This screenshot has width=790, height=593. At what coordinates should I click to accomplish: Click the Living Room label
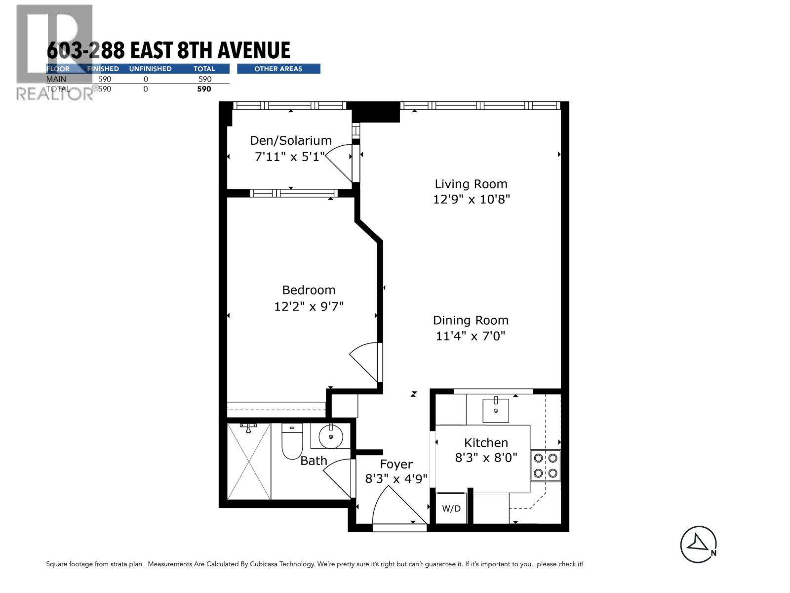[471, 184]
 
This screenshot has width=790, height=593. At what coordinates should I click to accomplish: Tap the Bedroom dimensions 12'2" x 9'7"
[309, 306]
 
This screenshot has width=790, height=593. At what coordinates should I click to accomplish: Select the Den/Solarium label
[290, 140]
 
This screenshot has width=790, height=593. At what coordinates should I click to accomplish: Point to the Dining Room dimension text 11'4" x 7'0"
[471, 336]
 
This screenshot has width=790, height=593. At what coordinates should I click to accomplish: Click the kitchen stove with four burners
[545, 466]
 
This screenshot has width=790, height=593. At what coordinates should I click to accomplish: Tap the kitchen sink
[495, 410]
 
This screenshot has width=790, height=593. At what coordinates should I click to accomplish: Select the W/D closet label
[451, 508]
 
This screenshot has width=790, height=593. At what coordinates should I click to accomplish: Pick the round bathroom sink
[330, 436]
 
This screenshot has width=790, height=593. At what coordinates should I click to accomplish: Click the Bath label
[314, 461]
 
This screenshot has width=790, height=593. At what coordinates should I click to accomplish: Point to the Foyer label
[396, 464]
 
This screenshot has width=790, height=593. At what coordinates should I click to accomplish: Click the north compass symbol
[698, 544]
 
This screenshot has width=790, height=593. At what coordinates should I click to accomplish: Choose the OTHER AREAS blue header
[278, 69]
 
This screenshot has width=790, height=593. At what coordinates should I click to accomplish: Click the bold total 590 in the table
[204, 89]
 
